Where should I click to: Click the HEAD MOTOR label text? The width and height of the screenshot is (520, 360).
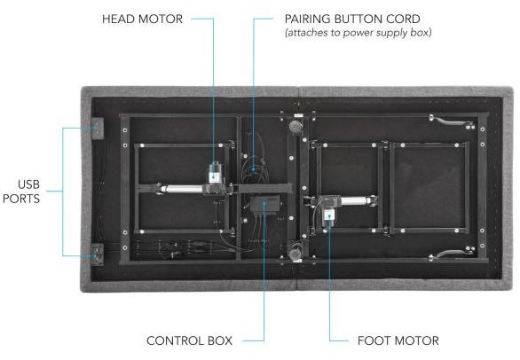(x=142, y=19)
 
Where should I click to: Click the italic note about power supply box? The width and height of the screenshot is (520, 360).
(x=358, y=33)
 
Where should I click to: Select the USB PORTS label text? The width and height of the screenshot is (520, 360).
(x=22, y=192)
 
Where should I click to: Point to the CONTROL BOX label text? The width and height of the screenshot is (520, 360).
(x=189, y=340)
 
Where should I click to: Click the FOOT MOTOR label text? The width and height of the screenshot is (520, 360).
(x=398, y=340)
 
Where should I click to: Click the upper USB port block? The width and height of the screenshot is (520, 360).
(x=98, y=128)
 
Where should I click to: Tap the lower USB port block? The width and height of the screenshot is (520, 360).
(x=98, y=254)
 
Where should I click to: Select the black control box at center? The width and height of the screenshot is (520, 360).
(x=264, y=205)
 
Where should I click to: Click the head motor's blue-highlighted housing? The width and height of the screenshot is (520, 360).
(x=215, y=175)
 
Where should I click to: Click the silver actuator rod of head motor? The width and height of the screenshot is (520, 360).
(x=183, y=189)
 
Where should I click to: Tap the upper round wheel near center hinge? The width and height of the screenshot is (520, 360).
(x=295, y=126)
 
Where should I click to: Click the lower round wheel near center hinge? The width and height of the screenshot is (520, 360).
(x=295, y=254)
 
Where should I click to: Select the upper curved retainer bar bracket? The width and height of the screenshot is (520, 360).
(x=451, y=121)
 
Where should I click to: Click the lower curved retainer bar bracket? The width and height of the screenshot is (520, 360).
(x=451, y=254)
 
